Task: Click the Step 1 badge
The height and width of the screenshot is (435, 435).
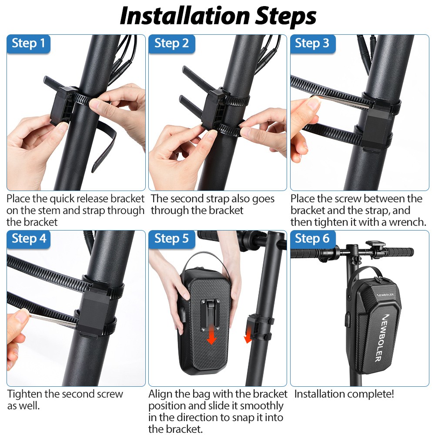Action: point(28,43)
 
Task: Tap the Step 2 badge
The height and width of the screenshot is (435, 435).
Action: point(171,43)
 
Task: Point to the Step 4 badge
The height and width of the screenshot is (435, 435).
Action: point(28,239)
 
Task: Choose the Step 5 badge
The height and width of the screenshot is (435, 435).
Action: point(171,239)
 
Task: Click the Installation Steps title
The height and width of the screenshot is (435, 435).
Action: point(217,16)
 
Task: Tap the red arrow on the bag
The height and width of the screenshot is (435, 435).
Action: point(211,335)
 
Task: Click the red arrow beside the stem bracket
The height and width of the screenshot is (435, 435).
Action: point(248,335)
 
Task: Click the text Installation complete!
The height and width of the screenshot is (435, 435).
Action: point(344,395)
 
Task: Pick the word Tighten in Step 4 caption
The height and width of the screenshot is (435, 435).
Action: point(24,395)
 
